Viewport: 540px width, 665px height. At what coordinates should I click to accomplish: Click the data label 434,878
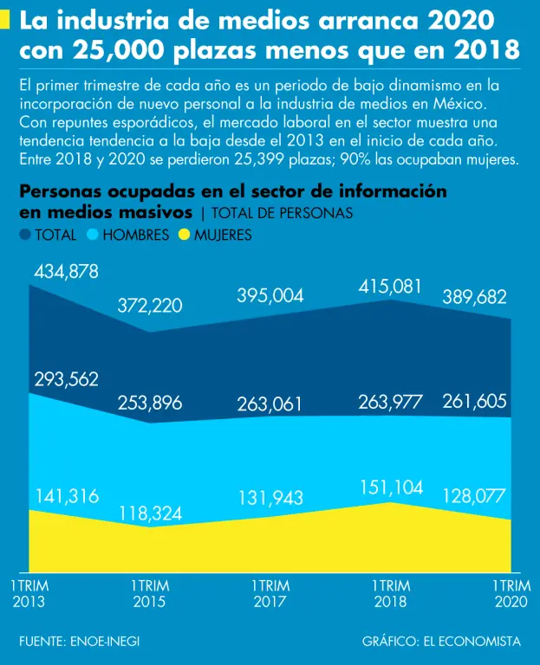[66, 272]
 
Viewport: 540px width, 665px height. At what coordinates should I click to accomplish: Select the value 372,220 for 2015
[150, 305]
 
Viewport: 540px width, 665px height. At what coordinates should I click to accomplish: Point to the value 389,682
[475, 297]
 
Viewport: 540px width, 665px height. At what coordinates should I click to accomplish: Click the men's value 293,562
[66, 379]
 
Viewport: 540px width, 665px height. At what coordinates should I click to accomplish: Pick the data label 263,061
[270, 403]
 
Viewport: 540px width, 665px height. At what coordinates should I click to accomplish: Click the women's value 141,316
[66, 496]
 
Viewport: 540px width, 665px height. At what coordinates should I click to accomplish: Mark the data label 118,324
[150, 513]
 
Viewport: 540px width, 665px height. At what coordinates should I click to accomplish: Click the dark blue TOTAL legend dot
[24, 235]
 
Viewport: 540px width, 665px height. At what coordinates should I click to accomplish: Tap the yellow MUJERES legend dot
[184, 235]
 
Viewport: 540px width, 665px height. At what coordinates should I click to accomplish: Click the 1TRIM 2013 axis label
[29, 594]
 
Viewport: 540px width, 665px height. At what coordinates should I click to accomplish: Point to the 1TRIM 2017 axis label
[270, 594]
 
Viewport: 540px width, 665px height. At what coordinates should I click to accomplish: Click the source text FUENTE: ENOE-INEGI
[79, 642]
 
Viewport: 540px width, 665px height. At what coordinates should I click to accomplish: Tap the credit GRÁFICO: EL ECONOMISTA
[442, 642]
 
